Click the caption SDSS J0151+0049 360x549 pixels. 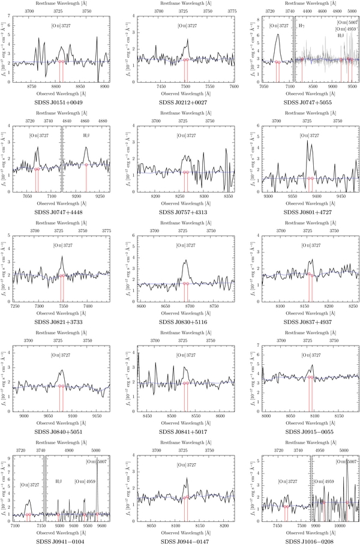point(59,103)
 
